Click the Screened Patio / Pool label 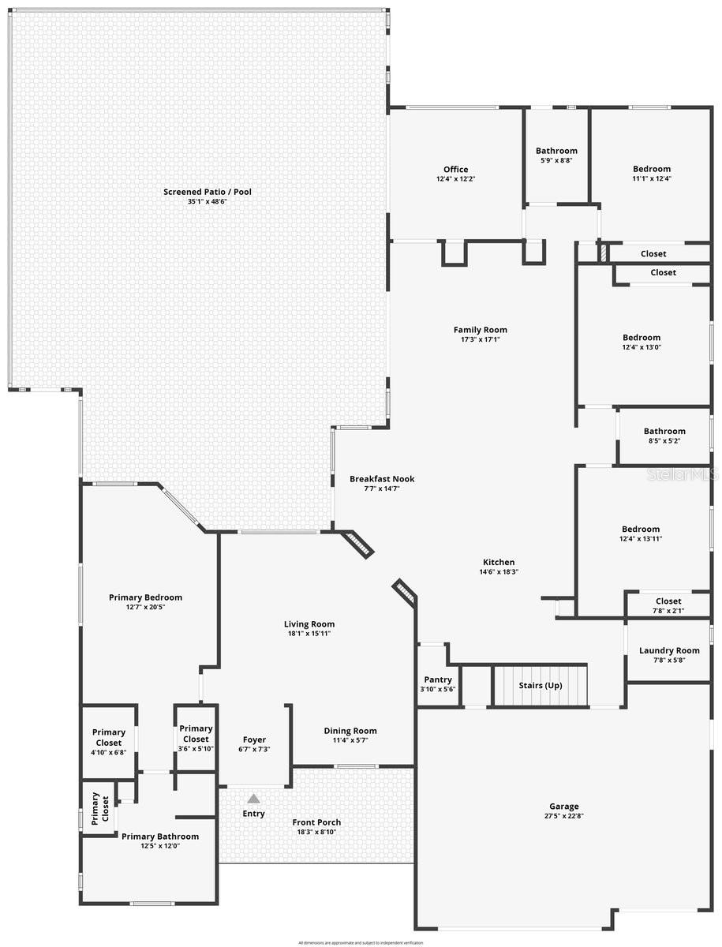[208, 192]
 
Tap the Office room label [455, 170]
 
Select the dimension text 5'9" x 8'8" [556, 161]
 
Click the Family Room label [480, 330]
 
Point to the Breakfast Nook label [382, 479]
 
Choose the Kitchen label [499, 562]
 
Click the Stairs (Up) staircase [541, 686]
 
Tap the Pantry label [438, 679]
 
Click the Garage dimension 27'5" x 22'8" [564, 816]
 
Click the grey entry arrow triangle [253, 799]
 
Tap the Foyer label [254, 739]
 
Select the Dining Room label [350, 731]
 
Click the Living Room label [309, 624]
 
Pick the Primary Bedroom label [145, 597]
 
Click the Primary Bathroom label [160, 837]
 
